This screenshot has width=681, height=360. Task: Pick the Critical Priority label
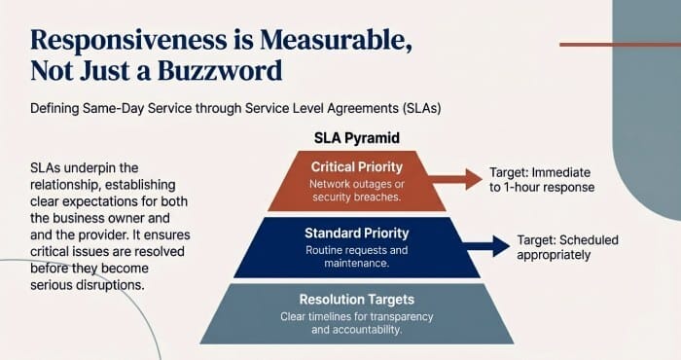(355, 166)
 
